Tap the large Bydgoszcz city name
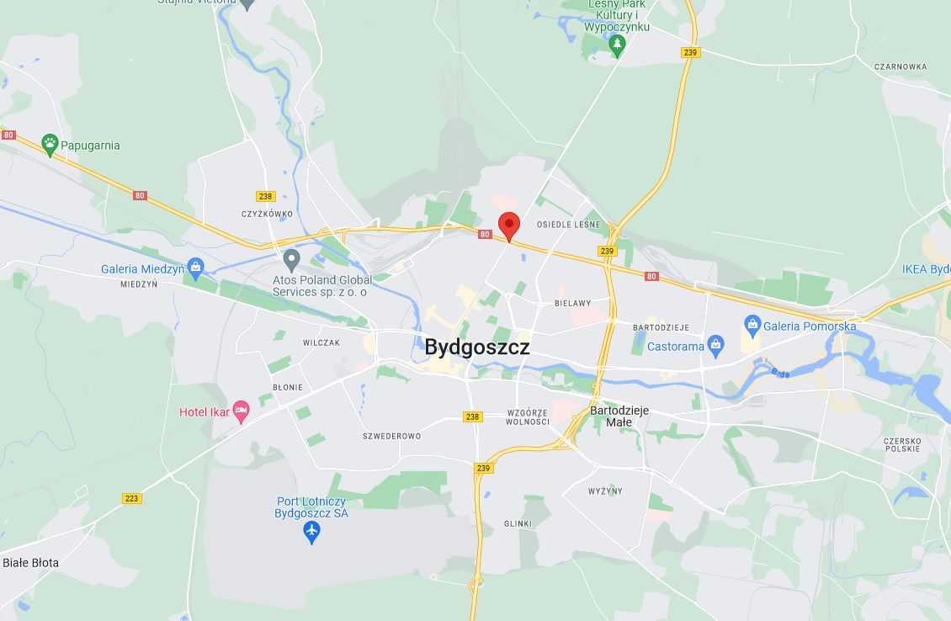pos(477,347)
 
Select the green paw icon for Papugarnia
pos(50,145)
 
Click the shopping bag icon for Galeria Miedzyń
pos(196,268)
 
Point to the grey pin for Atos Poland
pos(292,259)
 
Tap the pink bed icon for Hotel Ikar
pos(242,412)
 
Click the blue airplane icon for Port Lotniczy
pos(312,532)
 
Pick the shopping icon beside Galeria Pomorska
pos(752,326)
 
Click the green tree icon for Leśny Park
pos(617,44)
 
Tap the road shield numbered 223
pos(131,498)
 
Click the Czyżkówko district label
pos(267,214)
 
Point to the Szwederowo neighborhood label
pos(391,436)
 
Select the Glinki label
pos(518,523)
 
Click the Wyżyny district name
pos(605,491)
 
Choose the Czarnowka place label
pos(900,66)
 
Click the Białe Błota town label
pos(31,562)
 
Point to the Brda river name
pos(780,372)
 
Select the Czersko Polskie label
pos(902,444)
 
